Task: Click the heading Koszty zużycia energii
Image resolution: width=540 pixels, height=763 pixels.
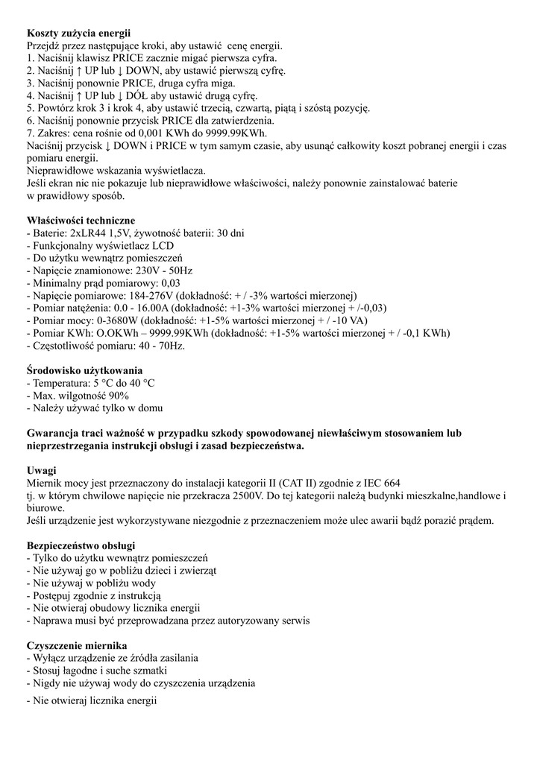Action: [x=78, y=34]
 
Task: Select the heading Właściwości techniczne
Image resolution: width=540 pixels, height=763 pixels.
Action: [x=81, y=221]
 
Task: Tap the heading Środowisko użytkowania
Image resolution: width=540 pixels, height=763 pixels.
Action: [x=84, y=370]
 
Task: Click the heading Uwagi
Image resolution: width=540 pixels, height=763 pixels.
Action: [x=42, y=471]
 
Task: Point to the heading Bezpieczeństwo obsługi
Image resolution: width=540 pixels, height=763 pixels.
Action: [x=81, y=545]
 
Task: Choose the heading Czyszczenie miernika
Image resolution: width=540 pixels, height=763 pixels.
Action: [x=77, y=645]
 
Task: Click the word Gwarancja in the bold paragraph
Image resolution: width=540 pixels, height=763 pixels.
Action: [x=56, y=433]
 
